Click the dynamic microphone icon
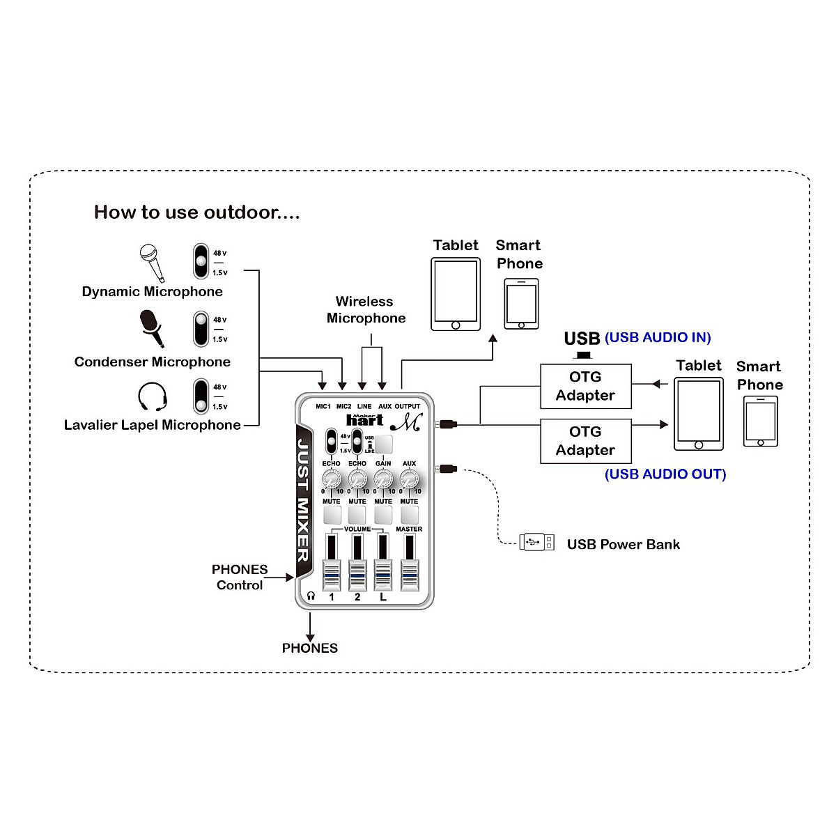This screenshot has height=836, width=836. [151, 261]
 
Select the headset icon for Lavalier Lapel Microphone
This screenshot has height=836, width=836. [152, 396]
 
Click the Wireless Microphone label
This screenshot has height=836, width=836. [366, 310]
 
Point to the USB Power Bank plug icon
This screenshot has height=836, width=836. [537, 542]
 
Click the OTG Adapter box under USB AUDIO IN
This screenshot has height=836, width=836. [586, 386]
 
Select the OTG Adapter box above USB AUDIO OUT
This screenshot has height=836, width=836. [586, 441]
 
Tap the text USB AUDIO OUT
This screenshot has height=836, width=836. [665, 474]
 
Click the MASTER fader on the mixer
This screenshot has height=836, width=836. [409, 575]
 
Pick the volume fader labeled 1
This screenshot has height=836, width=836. [332, 575]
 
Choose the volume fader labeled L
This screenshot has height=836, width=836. [382, 575]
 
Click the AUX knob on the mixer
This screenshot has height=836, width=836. [409, 479]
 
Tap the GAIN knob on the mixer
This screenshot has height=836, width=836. [383, 479]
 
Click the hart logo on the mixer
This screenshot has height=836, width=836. [364, 419]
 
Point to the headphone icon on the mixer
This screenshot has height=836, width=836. [311, 596]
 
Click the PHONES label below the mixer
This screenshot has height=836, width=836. [310, 648]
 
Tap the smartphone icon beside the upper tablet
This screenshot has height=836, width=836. [521, 304]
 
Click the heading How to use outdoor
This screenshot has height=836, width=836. [196, 212]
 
